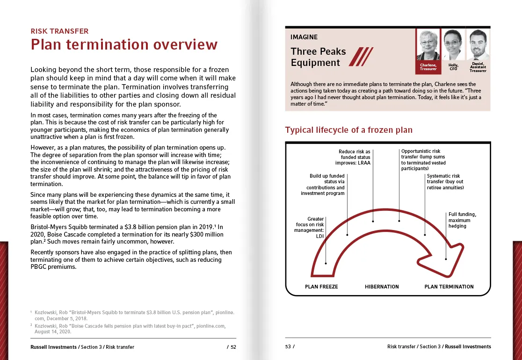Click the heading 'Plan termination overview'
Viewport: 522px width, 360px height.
(124, 45)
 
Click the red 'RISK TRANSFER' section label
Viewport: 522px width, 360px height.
(59, 31)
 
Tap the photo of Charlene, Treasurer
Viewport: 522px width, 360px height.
(428, 45)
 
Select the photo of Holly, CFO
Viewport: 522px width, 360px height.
(453, 45)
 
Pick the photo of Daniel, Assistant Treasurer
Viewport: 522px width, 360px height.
(478, 45)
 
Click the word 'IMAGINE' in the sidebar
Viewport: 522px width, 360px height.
(304, 37)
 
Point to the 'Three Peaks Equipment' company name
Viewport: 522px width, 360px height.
(318, 57)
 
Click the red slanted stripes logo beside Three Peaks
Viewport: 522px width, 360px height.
(361, 57)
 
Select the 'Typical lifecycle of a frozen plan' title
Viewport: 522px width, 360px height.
(349, 130)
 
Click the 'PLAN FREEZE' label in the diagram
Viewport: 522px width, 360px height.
(321, 287)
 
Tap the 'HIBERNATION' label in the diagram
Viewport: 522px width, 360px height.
(382, 287)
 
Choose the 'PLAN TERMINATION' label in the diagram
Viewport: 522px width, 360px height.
(449, 287)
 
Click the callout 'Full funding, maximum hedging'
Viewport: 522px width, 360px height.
(462, 220)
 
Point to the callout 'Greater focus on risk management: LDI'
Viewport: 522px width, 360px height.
(310, 228)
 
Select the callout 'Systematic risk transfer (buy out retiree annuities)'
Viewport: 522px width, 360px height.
(445, 182)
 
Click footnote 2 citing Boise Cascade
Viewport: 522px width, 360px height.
(132, 328)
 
